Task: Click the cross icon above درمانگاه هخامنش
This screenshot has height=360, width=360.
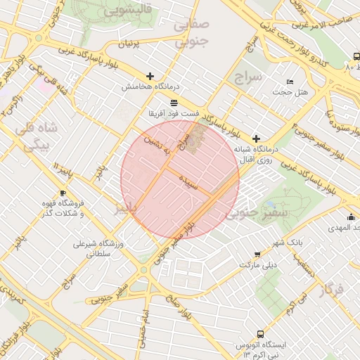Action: point(150,76)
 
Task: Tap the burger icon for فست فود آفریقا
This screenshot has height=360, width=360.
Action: point(174,103)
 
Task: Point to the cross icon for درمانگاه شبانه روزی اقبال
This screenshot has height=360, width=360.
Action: point(256,139)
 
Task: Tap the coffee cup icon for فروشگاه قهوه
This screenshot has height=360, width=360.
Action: point(63,193)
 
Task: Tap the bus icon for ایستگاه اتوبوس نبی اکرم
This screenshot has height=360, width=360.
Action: point(261,334)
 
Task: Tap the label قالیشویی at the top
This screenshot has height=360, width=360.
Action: point(128,11)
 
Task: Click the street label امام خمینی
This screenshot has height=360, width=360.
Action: point(146,321)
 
